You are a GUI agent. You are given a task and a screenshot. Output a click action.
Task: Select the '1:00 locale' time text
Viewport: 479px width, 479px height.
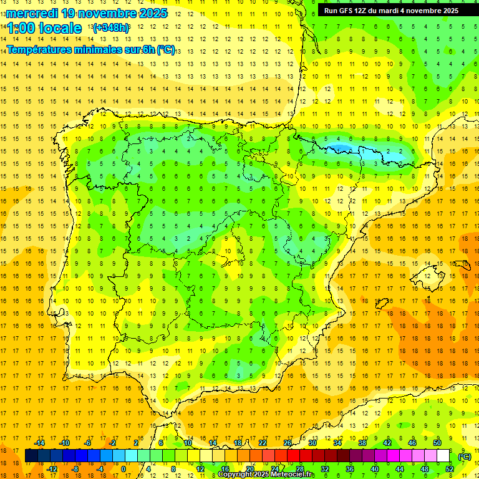44,28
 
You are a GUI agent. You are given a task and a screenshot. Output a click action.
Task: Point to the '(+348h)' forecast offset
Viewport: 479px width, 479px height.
110,28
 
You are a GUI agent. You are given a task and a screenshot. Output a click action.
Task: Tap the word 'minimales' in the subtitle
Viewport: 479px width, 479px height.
100,49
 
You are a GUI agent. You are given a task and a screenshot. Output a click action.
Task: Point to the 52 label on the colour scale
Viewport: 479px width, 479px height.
450,469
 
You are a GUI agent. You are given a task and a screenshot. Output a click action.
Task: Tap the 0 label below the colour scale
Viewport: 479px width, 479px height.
123,469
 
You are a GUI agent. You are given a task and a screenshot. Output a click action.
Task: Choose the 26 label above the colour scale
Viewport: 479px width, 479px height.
288,443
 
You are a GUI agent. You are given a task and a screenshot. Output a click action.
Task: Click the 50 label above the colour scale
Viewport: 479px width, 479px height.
437,443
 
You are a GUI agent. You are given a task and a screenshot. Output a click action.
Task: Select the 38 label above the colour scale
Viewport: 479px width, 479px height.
362,443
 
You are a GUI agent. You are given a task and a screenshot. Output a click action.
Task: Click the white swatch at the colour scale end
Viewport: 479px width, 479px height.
443,456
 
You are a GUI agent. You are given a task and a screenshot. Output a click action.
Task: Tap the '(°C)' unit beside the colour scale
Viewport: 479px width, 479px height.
464,457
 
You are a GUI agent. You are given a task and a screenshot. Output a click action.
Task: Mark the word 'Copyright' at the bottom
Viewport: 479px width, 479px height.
235,475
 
